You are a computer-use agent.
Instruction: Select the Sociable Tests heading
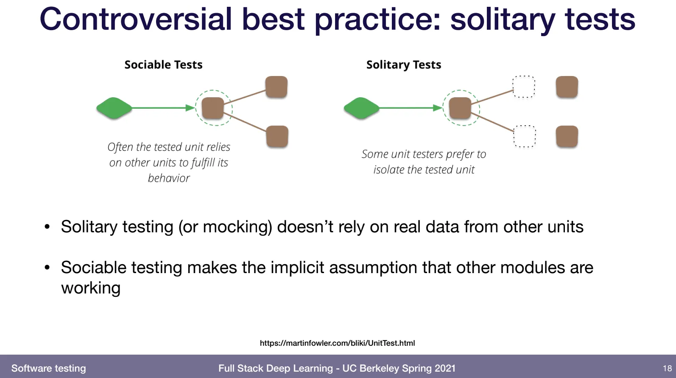click(163, 65)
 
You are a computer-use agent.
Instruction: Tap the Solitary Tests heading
click(403, 65)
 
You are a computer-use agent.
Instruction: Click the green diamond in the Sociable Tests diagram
click(114, 108)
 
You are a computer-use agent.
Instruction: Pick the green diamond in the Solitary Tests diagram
click(362, 108)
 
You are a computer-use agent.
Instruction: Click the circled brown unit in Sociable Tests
click(213, 108)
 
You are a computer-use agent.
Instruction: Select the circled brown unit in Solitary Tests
click(460, 108)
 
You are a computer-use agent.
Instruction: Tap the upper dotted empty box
click(524, 87)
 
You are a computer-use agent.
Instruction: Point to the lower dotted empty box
click(525, 136)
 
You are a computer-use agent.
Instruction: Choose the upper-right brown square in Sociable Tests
click(277, 87)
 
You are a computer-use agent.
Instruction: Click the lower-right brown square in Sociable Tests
click(277, 137)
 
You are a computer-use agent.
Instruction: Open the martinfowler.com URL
click(338, 343)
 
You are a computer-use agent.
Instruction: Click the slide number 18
click(667, 368)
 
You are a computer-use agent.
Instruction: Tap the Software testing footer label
click(49, 368)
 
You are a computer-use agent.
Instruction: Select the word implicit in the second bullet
click(297, 268)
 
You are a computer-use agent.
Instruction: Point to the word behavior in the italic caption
click(169, 178)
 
